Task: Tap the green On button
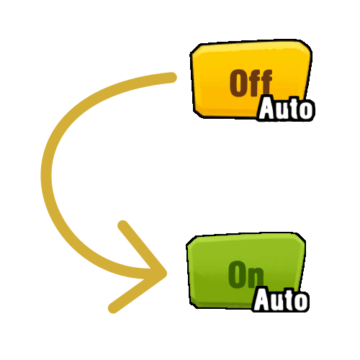246,271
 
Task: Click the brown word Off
251,83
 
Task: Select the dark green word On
246,274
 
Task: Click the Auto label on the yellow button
286,108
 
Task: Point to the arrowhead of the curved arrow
166,273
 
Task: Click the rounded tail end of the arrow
171,78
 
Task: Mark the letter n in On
256,278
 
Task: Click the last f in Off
266,83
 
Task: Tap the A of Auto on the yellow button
266,108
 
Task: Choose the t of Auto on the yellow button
293,109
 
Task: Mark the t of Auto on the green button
288,300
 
